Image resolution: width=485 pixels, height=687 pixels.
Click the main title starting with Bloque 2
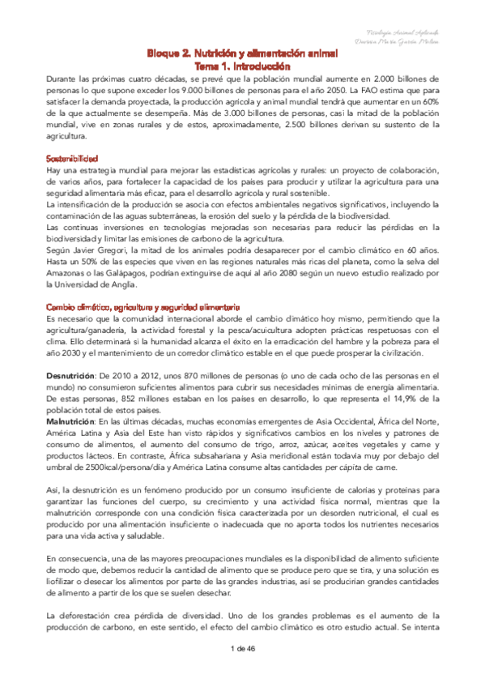242,53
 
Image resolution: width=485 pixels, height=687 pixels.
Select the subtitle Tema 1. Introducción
242,66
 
